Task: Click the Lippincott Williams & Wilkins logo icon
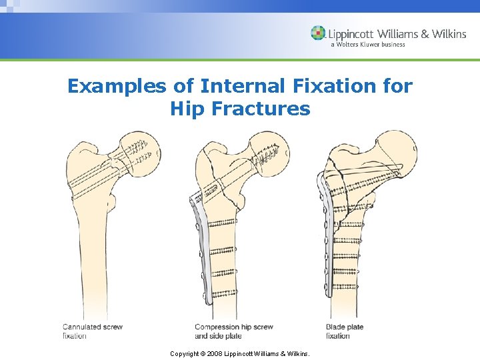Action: [x=318, y=33]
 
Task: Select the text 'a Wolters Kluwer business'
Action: [x=367, y=45]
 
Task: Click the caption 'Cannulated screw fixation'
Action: [x=92, y=331]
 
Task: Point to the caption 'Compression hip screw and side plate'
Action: [x=233, y=331]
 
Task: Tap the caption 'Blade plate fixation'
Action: [x=344, y=331]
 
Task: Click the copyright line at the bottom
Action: [x=240, y=353]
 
